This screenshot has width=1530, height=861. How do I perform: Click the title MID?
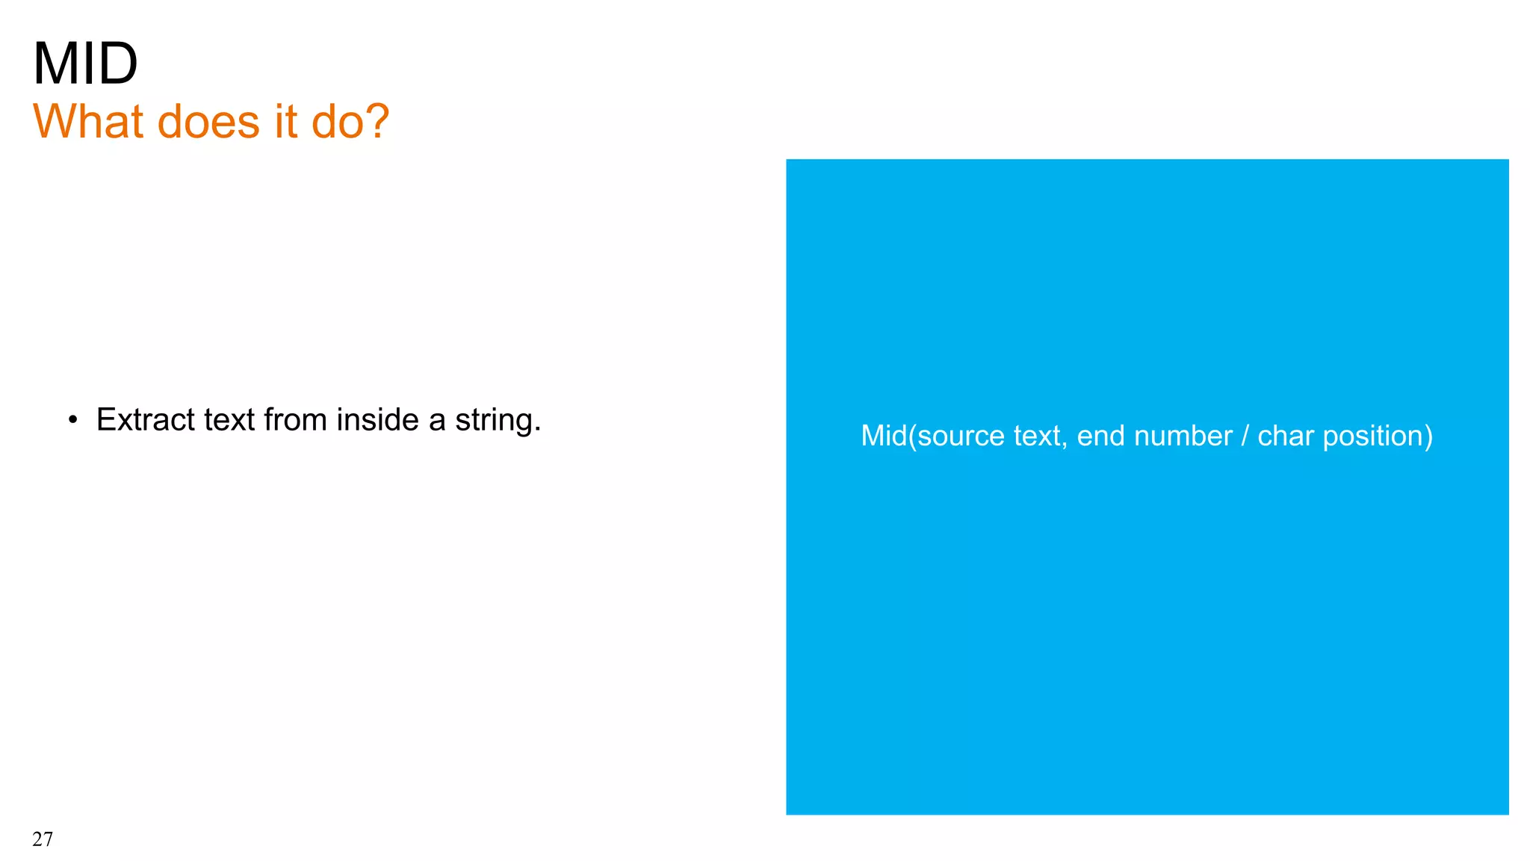(85, 64)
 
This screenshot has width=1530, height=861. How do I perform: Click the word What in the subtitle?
(90, 121)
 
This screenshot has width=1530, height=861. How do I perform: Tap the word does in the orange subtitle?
(209, 121)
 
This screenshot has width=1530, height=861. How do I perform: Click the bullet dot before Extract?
(72, 421)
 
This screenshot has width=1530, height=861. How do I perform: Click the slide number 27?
(43, 839)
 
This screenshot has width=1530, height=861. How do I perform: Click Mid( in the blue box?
(888, 436)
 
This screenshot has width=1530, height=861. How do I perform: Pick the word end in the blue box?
(1100, 436)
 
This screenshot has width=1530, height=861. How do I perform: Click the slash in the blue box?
(1245, 436)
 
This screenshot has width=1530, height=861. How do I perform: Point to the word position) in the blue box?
(1378, 436)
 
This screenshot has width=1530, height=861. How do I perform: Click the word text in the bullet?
(229, 420)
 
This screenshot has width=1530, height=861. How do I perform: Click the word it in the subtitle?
(285, 121)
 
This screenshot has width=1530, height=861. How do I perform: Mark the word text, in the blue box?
(1040, 436)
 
